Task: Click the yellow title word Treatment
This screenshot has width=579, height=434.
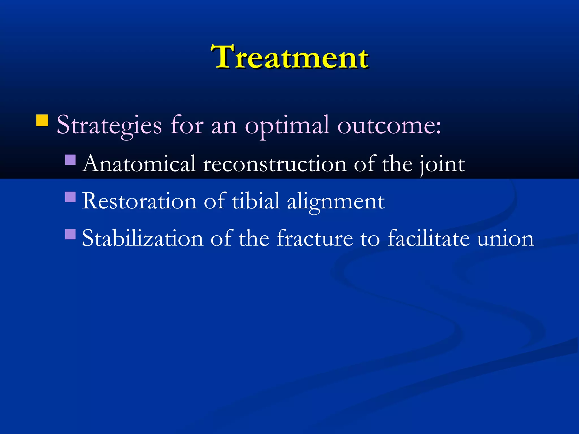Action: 289,57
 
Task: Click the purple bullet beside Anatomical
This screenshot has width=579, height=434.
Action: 70,160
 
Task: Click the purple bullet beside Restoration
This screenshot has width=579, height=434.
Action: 70,197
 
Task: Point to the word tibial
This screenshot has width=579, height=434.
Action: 256,201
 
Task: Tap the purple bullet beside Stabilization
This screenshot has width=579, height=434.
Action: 70,234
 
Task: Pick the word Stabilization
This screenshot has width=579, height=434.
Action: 142,238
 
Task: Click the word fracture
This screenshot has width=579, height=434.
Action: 315,238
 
